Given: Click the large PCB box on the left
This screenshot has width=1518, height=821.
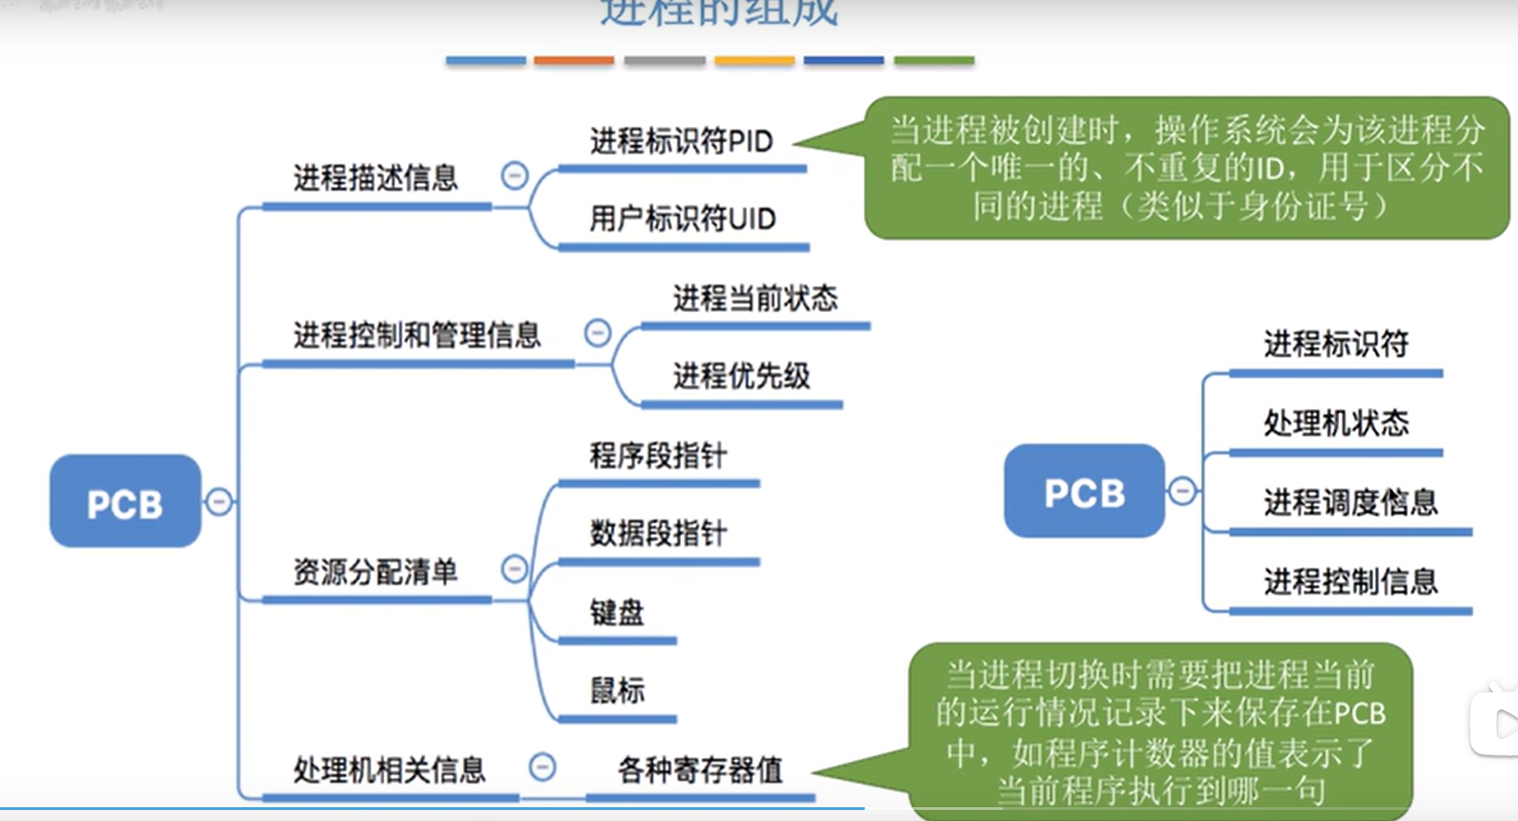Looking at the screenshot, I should (x=125, y=502).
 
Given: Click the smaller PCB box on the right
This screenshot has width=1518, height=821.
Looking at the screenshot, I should (x=1084, y=492).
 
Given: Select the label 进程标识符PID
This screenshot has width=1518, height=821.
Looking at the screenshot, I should (x=681, y=142).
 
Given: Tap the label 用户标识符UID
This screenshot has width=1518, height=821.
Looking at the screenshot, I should (x=682, y=219).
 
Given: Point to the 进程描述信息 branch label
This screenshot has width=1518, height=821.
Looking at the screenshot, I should (x=375, y=177).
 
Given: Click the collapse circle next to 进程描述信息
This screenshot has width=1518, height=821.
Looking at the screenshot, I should (x=515, y=176).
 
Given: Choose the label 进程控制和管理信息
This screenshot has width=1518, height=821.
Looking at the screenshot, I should (x=416, y=335).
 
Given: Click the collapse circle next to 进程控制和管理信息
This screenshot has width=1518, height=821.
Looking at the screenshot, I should (x=597, y=333).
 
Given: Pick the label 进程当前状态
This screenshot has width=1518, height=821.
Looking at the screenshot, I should (x=754, y=298).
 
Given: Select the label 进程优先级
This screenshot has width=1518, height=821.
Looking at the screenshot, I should (x=741, y=376).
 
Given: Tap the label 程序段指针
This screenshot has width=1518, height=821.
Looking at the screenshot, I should (x=657, y=455).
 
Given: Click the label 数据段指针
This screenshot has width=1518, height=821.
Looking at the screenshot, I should (x=657, y=533).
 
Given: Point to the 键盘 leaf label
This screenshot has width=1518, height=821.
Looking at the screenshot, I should (x=617, y=612).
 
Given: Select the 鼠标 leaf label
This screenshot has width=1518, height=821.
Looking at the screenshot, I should (x=617, y=690).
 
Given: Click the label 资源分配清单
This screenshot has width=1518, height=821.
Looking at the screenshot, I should (x=375, y=572).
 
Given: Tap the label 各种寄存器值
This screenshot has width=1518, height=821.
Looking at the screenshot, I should (x=699, y=770).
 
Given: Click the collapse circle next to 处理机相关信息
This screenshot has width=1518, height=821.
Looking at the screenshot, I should (x=542, y=767).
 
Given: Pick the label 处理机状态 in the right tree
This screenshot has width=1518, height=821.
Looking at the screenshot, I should (x=1335, y=423).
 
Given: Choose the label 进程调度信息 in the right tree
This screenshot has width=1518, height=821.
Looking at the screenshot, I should (x=1350, y=502).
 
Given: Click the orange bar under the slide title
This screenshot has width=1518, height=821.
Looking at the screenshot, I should (x=573, y=61).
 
